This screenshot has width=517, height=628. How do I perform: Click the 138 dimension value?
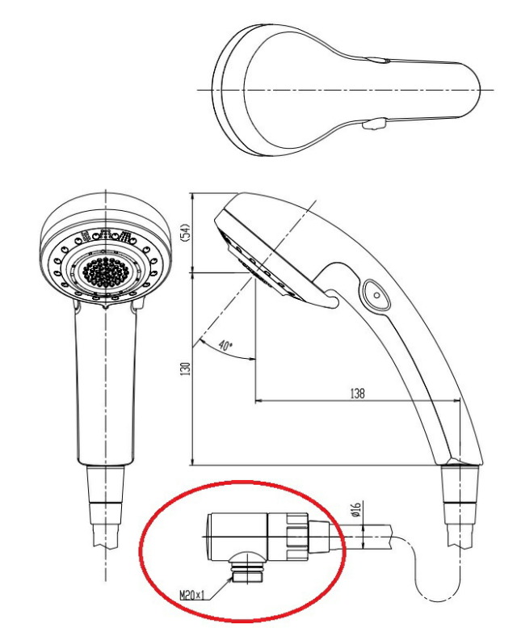357,394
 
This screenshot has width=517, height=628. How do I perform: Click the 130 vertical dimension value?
185,369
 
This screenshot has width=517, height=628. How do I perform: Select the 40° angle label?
225,345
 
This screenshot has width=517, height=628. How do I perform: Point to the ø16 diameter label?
356,509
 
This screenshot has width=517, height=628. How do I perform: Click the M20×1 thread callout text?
192,596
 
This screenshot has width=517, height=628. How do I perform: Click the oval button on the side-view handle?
376,295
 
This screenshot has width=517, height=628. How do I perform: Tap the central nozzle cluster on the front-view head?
106,272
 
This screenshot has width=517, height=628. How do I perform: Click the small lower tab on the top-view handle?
375,124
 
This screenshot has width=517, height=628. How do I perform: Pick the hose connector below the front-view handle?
106,504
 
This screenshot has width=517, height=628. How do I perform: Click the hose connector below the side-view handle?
460,504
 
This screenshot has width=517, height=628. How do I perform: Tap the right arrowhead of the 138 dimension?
456,400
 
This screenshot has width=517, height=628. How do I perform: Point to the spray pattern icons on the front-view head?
106,237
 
